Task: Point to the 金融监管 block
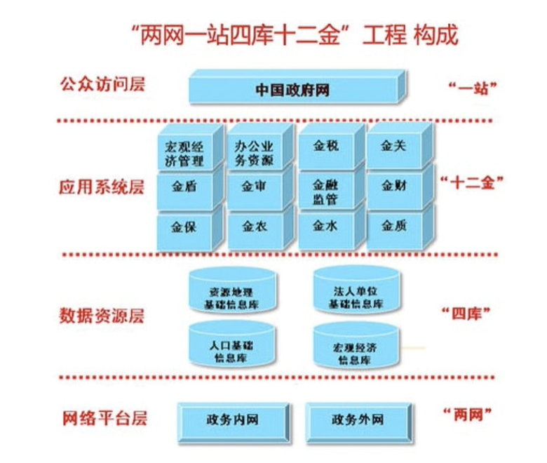coord(325,192)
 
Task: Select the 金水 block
coord(325,226)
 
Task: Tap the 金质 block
coord(393,226)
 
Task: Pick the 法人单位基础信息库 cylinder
coord(358,293)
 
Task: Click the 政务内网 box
coord(233,420)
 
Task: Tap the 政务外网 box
coord(357,420)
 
